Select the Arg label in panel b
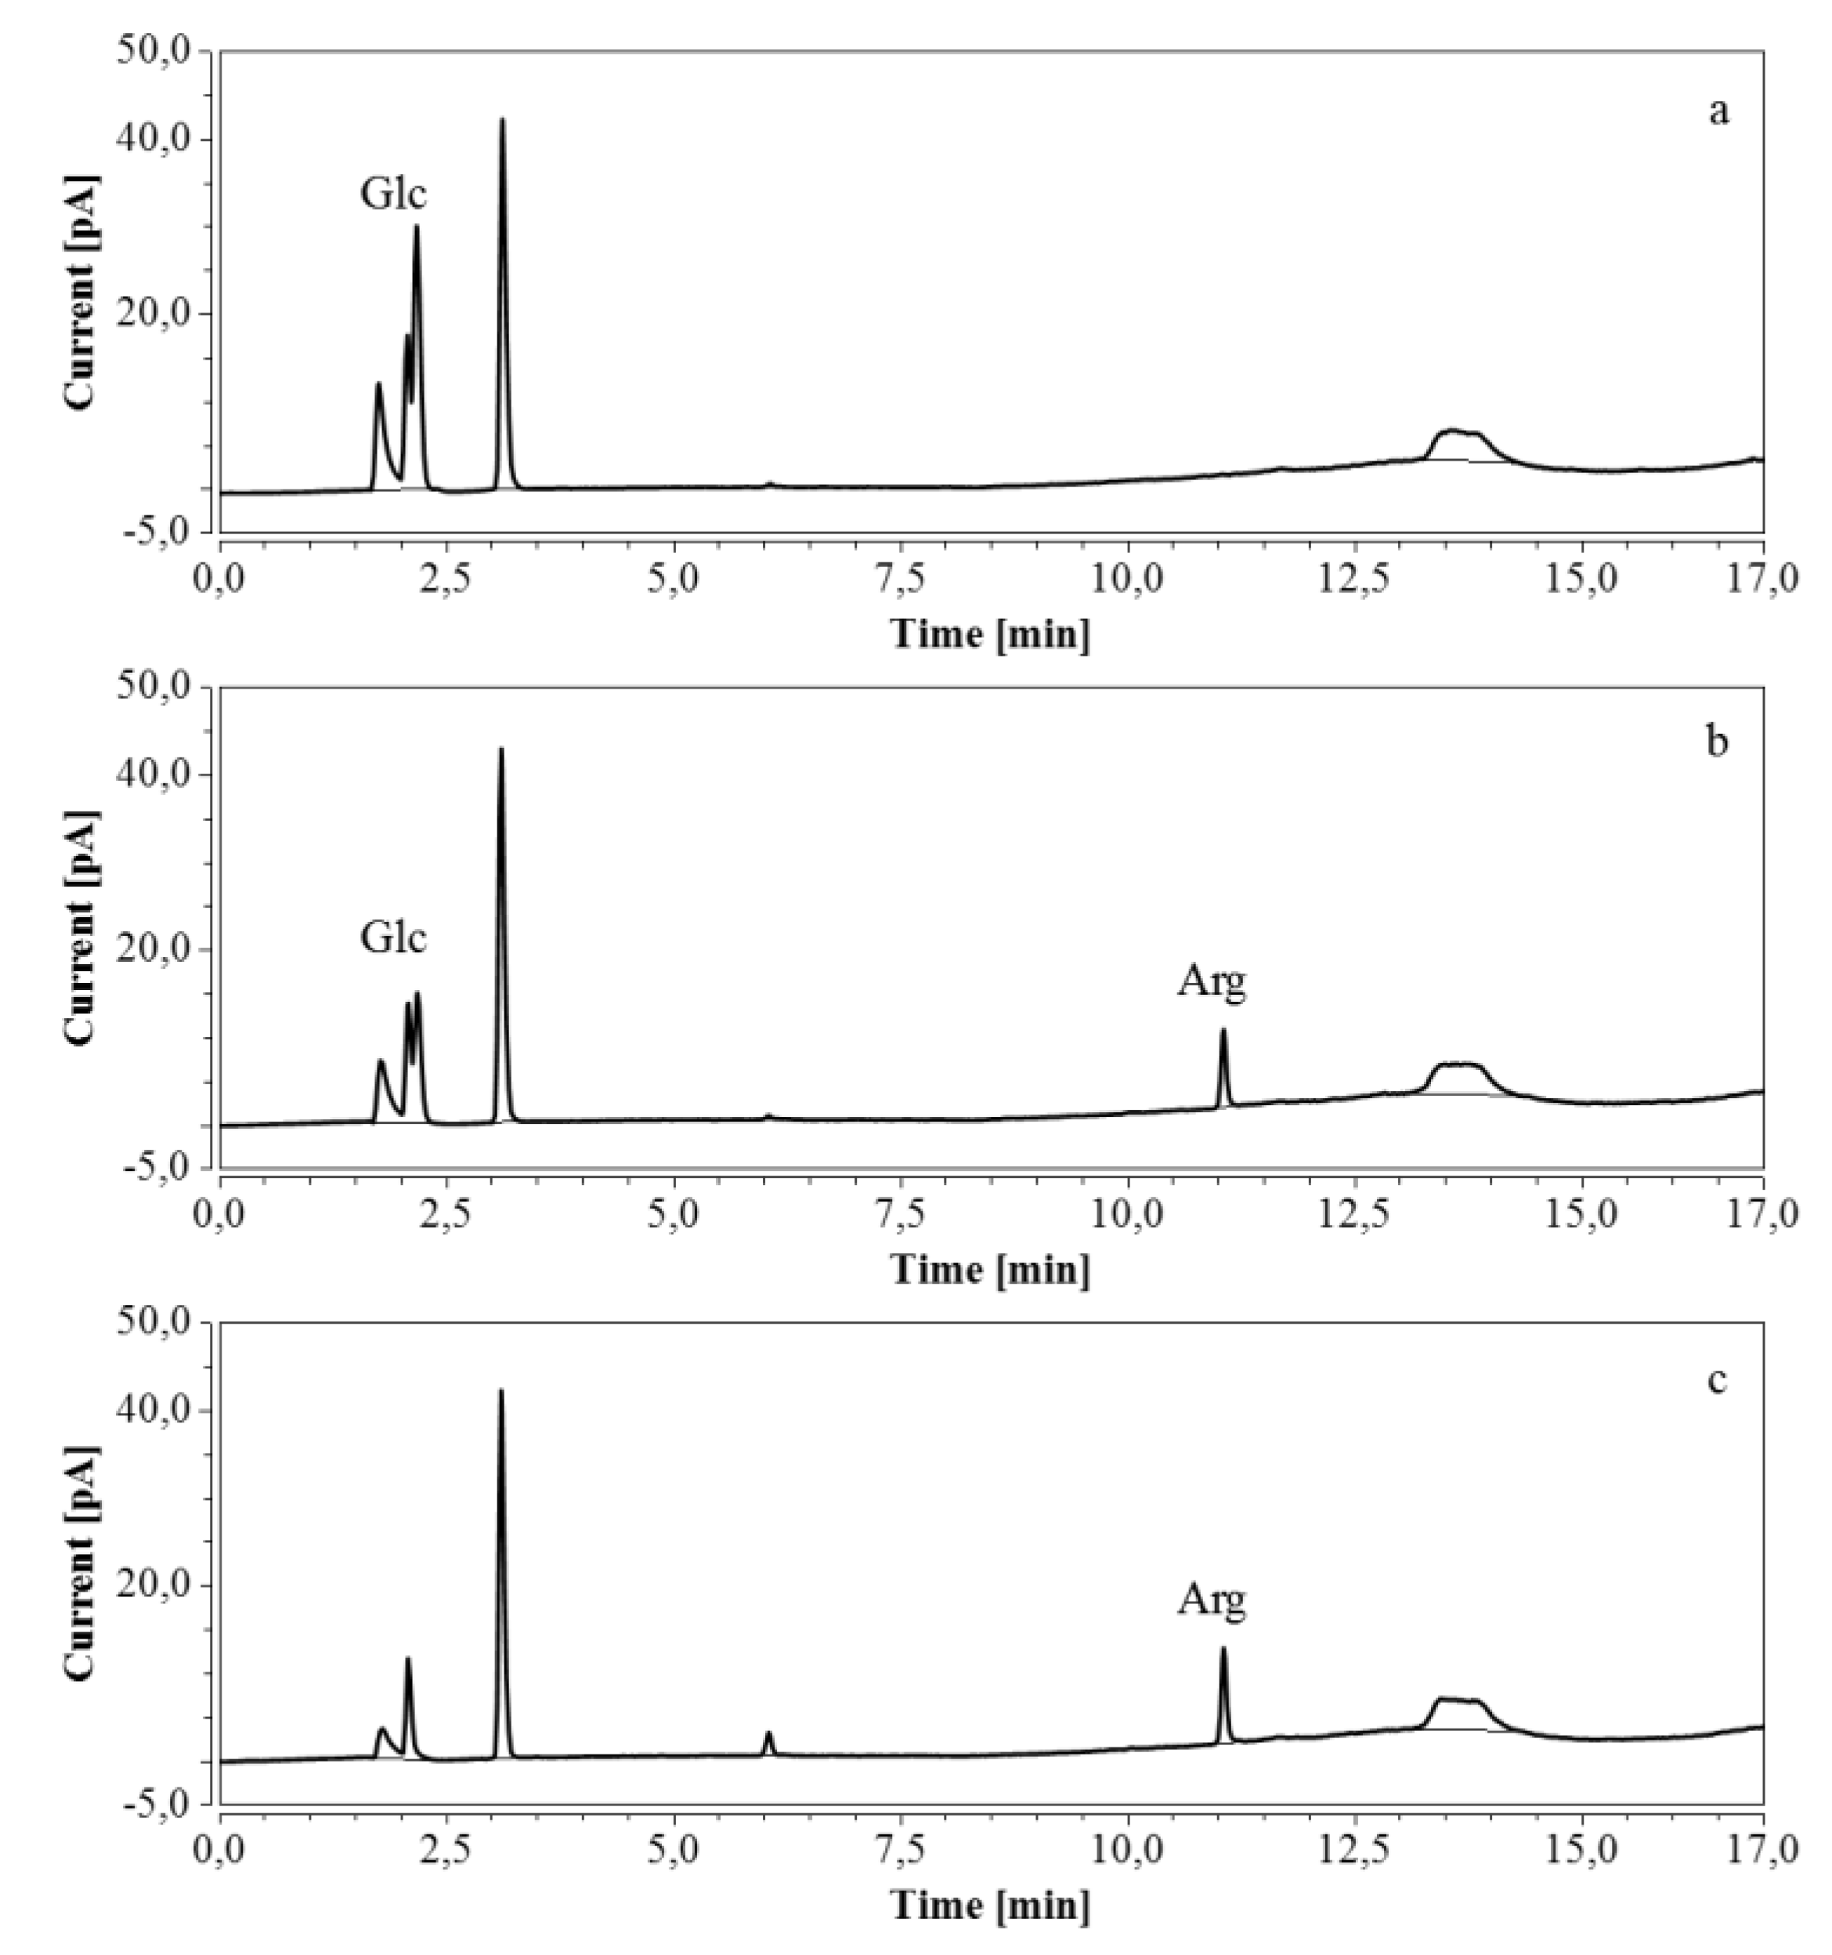pyautogui.click(x=1212, y=981)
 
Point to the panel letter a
pyautogui.click(x=1717, y=112)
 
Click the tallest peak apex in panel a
pyautogui.click(x=503, y=120)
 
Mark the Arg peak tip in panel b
pyautogui.click(x=1223, y=1030)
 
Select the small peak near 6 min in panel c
pyautogui.click(x=769, y=1733)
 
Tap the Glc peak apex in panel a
pyautogui.click(x=416, y=227)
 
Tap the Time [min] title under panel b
pyautogui.click(x=990, y=1270)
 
